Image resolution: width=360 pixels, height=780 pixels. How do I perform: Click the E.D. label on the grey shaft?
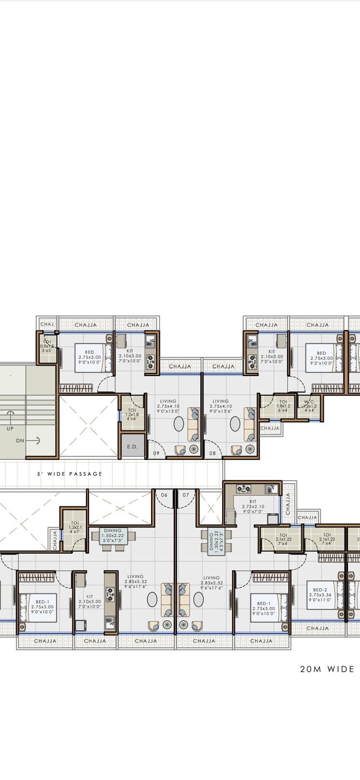132,447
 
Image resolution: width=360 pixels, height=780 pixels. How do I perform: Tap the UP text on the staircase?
10,428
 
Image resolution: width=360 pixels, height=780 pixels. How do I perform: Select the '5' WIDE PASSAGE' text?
70,474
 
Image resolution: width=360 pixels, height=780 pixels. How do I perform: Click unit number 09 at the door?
156,453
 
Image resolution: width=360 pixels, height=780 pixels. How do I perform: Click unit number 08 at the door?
213,453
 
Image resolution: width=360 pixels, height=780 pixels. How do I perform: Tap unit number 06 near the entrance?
164,495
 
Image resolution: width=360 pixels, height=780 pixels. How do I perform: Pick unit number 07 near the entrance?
186,495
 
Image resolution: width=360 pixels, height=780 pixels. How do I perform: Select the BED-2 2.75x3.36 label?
320,594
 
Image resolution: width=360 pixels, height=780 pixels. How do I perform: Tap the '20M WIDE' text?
327,669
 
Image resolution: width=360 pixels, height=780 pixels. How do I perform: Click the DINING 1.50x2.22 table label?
112,533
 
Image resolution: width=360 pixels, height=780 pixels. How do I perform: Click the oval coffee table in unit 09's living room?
179,424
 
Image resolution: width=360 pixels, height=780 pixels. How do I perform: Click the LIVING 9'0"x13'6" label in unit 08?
220,406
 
